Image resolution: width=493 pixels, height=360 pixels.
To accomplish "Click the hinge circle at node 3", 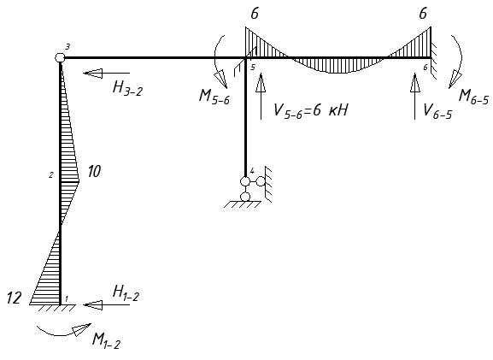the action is pos(60,57).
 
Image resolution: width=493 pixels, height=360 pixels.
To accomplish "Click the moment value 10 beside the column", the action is pos(94,172).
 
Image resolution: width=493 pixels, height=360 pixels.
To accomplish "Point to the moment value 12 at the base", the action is pos(15,298).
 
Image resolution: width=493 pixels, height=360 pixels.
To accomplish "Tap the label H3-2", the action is pos(127,88).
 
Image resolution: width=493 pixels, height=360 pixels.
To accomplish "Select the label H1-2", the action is pos(126,294).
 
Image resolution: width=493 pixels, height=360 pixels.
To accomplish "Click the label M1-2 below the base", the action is pos(106,340).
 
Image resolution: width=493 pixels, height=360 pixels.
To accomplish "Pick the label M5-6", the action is pos(214,96).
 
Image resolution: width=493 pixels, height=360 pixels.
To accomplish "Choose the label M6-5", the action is pos(474,97).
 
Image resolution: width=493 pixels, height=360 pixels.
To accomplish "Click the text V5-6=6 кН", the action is pos(311,111).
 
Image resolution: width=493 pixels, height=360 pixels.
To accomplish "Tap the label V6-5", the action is pos(437,111).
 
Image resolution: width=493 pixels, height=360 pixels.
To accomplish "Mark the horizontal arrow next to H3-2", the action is pos(107,73).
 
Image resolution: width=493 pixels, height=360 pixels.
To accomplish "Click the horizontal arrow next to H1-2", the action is pos(107,304).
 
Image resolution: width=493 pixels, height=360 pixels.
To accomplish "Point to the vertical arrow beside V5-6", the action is pos(261,97).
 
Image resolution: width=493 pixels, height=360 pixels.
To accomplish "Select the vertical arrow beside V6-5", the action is pos(414,97).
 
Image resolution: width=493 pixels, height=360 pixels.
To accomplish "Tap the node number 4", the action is pos(252,171).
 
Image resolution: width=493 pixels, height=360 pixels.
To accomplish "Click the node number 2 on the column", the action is pos(51,175).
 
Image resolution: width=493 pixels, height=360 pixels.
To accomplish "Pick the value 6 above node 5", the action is pos(255,15).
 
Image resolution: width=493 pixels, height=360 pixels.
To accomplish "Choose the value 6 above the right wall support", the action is pos(423,15).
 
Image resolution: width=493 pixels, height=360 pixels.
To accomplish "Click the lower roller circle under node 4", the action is pos(245,197).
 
